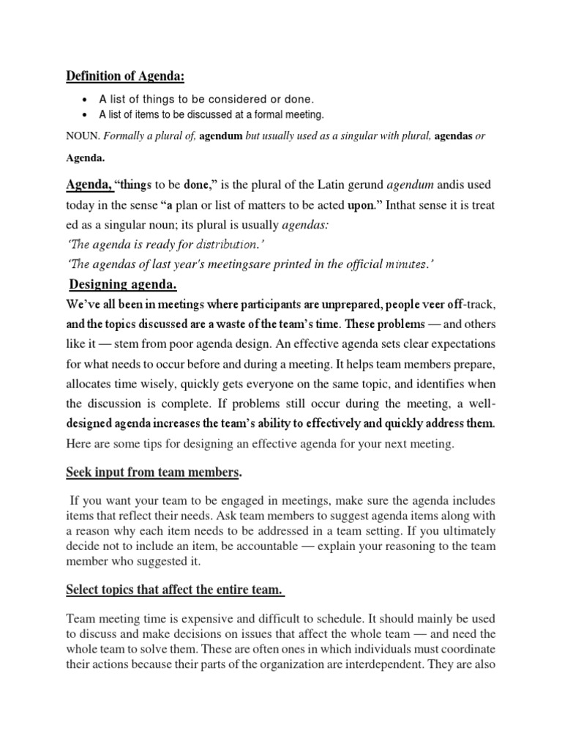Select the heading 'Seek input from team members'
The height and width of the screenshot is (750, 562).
pos(152,473)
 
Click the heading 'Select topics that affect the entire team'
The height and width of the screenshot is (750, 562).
pos(173,590)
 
